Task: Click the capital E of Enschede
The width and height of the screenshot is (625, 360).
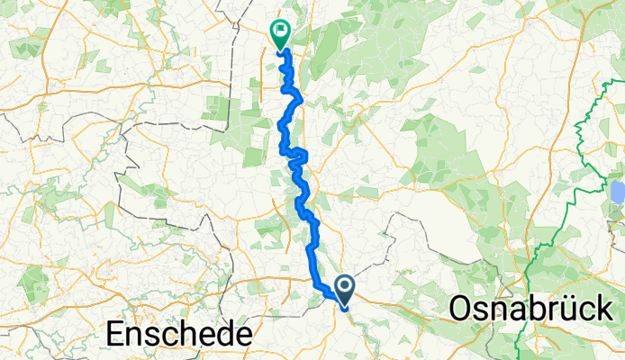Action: (115, 335)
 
